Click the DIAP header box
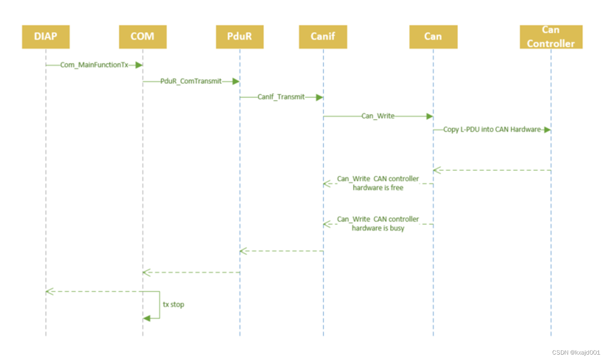[46, 36]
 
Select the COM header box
[143, 36]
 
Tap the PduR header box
[240, 36]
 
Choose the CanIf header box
[323, 36]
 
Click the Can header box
[433, 36]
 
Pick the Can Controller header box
[551, 36]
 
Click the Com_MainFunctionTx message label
[94, 65]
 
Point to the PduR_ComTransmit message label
[191, 81]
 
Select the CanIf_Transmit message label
[281, 97]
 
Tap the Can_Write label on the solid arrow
[378, 116]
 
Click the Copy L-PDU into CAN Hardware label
[492, 130]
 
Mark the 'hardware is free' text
[378, 188]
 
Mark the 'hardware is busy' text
[378, 228]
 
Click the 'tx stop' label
[173, 304]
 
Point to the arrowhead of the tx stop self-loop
[146, 318]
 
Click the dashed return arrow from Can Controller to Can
[492, 170]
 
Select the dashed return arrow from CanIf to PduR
[281, 251]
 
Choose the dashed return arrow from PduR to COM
[191, 272]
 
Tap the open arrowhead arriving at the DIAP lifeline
[49, 292]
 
